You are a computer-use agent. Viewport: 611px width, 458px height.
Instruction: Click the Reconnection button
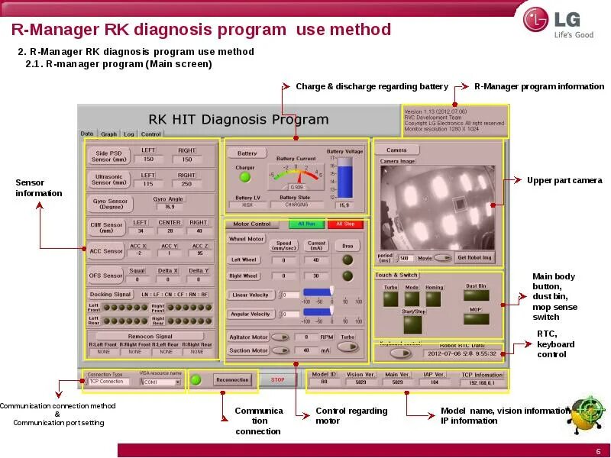point(232,379)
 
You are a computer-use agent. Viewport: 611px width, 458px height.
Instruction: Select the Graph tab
point(109,134)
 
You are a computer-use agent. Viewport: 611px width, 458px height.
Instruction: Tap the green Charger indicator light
point(245,177)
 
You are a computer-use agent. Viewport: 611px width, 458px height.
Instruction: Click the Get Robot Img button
point(475,257)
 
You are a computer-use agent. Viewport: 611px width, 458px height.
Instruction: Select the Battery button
point(247,153)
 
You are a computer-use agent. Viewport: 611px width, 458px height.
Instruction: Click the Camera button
point(396,150)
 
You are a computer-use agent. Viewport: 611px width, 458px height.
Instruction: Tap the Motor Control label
point(252,224)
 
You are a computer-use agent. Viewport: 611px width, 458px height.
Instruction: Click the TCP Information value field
point(482,383)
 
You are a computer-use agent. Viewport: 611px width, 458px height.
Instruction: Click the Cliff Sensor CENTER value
point(170,231)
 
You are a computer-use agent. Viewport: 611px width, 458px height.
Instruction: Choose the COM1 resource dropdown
point(162,382)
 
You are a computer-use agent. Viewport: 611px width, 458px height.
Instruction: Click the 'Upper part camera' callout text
point(564,181)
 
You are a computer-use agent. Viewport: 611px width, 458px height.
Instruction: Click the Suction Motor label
point(248,350)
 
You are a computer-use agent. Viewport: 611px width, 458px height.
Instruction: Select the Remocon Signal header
point(151,336)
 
